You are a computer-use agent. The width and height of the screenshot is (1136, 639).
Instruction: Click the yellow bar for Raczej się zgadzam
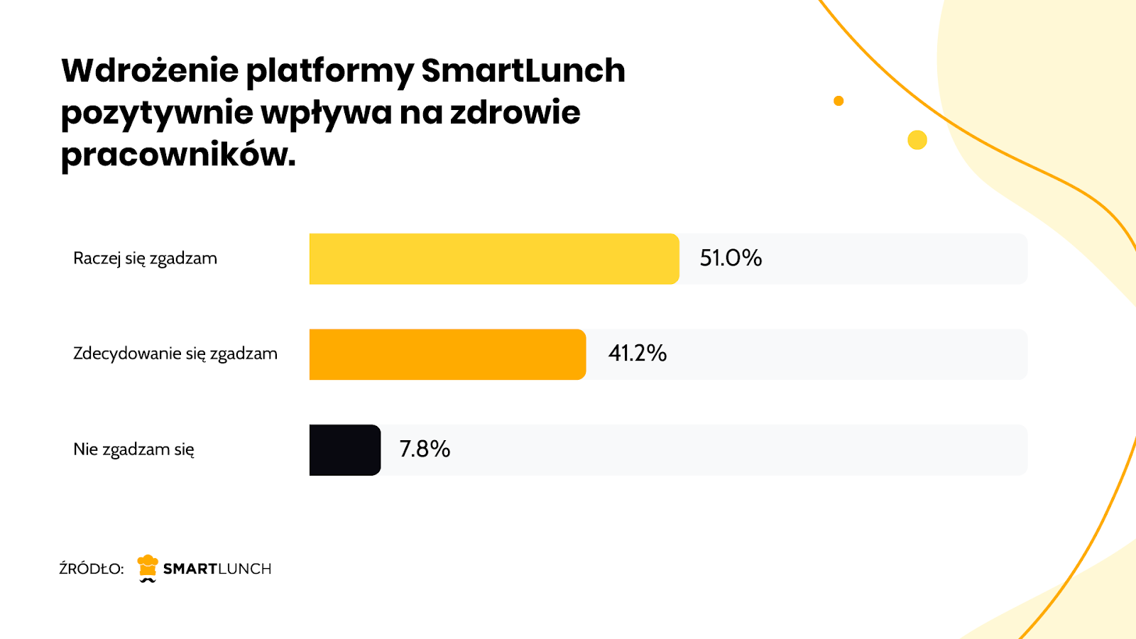[494, 259]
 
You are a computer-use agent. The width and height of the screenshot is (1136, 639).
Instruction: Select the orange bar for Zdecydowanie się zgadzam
[447, 354]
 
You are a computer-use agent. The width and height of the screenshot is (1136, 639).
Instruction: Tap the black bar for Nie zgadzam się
[345, 450]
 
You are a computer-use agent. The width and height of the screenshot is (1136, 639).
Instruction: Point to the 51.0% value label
[731, 258]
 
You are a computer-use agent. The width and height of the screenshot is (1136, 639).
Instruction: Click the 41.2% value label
[638, 353]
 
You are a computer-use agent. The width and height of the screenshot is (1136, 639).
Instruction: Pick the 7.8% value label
[425, 449]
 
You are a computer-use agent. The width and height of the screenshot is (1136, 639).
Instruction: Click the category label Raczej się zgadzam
[145, 258]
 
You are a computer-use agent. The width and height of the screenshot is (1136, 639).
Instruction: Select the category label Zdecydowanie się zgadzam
[175, 354]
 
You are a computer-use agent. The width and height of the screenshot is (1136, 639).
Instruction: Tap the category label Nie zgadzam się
[133, 449]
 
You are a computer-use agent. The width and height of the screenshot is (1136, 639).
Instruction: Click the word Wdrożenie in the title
[150, 70]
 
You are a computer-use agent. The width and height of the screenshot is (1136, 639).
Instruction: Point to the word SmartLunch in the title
[523, 70]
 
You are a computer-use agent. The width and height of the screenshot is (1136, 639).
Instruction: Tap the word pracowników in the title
[177, 154]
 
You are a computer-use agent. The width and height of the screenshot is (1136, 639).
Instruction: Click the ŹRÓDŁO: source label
[92, 569]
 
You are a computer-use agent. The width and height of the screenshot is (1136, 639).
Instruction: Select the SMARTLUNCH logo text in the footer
[217, 569]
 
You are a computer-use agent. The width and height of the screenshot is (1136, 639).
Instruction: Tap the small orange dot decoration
[839, 101]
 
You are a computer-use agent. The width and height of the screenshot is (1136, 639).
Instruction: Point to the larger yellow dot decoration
[917, 140]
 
